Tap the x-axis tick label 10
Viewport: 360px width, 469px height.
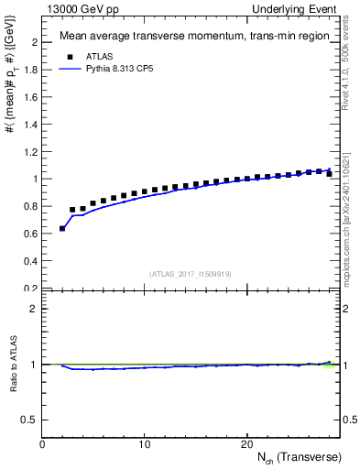tap(145, 444)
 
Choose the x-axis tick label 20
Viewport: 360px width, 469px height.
tap(246, 444)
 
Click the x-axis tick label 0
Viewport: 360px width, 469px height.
tap(43, 444)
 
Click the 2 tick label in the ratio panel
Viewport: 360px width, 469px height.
tap(33, 309)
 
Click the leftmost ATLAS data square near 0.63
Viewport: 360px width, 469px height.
tap(62, 228)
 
